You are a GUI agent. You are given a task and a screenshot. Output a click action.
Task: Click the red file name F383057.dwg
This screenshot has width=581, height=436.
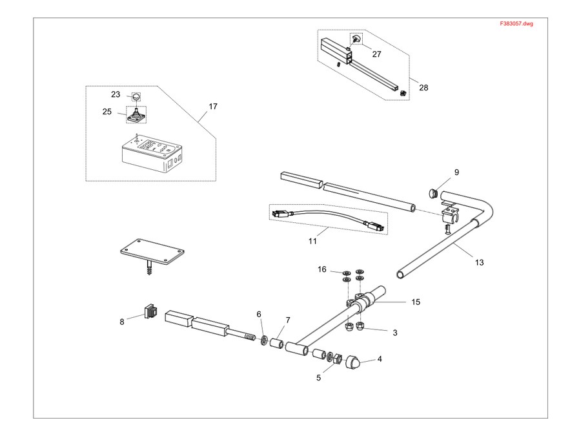click(x=516, y=23)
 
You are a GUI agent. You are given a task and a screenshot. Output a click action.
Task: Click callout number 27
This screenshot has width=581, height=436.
click(x=376, y=54)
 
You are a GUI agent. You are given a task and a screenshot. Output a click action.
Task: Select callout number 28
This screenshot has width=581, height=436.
click(x=423, y=87)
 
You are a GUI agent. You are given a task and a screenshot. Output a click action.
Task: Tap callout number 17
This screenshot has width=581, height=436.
click(x=212, y=107)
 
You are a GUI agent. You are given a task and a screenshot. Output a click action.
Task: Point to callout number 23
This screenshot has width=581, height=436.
click(x=116, y=94)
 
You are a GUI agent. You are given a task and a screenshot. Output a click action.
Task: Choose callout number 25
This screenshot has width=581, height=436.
click(x=107, y=112)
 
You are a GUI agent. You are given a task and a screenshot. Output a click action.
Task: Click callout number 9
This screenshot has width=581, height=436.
click(x=456, y=172)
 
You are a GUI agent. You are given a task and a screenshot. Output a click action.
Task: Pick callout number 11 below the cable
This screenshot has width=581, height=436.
click(x=312, y=242)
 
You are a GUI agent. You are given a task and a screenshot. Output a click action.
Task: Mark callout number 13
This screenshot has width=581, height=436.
click(x=479, y=262)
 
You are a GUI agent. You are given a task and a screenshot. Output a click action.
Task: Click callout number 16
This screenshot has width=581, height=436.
click(x=322, y=269)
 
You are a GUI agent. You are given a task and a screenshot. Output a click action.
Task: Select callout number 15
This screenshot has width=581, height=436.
click(x=416, y=302)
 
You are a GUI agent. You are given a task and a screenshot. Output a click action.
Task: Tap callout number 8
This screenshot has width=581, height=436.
click(x=122, y=322)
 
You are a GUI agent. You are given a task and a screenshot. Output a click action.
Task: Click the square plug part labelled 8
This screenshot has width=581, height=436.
click(x=150, y=311)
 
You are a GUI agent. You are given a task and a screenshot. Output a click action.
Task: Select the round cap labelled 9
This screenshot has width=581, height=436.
click(x=433, y=192)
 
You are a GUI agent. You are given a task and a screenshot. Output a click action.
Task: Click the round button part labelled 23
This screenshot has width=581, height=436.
click(x=136, y=96)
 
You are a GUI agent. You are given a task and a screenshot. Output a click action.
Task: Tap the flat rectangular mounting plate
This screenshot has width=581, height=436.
click(x=152, y=252)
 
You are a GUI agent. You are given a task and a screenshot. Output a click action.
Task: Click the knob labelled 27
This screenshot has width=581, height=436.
click(x=356, y=39)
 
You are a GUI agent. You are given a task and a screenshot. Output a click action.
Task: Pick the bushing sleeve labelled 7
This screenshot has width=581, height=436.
click(x=277, y=343)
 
